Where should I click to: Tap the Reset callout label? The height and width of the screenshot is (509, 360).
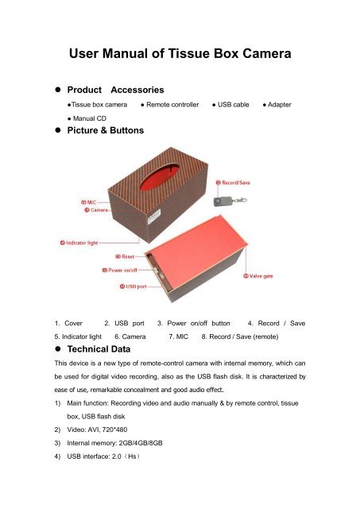click(x=128, y=257)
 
